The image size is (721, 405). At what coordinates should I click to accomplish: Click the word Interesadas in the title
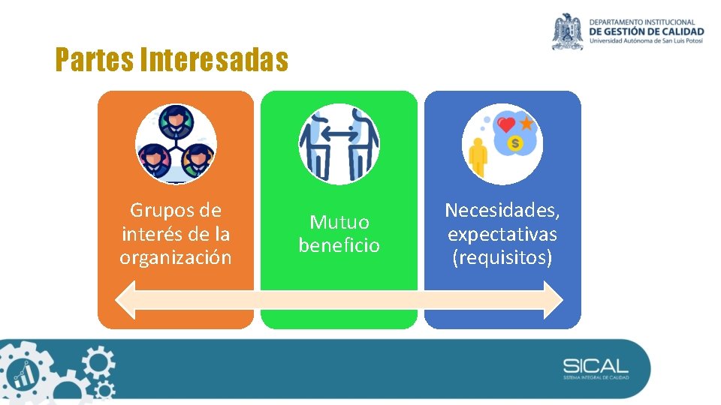pyautogui.click(x=214, y=60)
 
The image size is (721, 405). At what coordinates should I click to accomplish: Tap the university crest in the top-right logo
pyautogui.click(x=567, y=31)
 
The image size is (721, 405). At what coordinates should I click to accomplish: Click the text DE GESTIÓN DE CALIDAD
pyautogui.click(x=647, y=31)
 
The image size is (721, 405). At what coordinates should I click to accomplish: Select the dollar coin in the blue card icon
pyautogui.click(x=515, y=142)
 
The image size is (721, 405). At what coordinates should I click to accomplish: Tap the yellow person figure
pyautogui.click(x=478, y=157)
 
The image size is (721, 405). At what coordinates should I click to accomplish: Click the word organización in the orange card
pyautogui.click(x=175, y=257)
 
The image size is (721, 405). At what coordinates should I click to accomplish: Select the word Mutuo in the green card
pyautogui.click(x=339, y=222)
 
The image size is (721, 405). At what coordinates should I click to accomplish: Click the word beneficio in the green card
pyautogui.click(x=339, y=245)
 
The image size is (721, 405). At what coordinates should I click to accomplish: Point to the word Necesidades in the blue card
pyautogui.click(x=502, y=210)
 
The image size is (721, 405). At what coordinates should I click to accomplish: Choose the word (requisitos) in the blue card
pyautogui.click(x=502, y=257)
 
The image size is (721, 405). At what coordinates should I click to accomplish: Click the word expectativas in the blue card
pyautogui.click(x=502, y=234)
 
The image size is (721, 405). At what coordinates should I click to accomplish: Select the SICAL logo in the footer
pyautogui.click(x=596, y=367)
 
